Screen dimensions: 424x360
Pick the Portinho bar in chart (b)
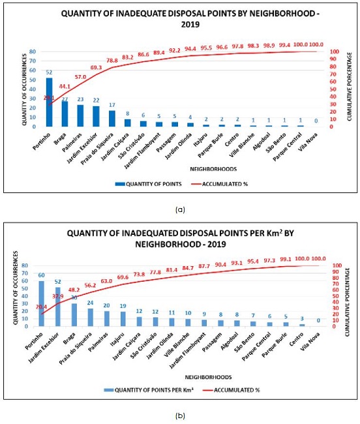tap(42, 303)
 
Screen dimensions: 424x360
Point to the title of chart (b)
tap(179, 239)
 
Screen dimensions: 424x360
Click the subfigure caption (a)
tap(179, 209)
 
